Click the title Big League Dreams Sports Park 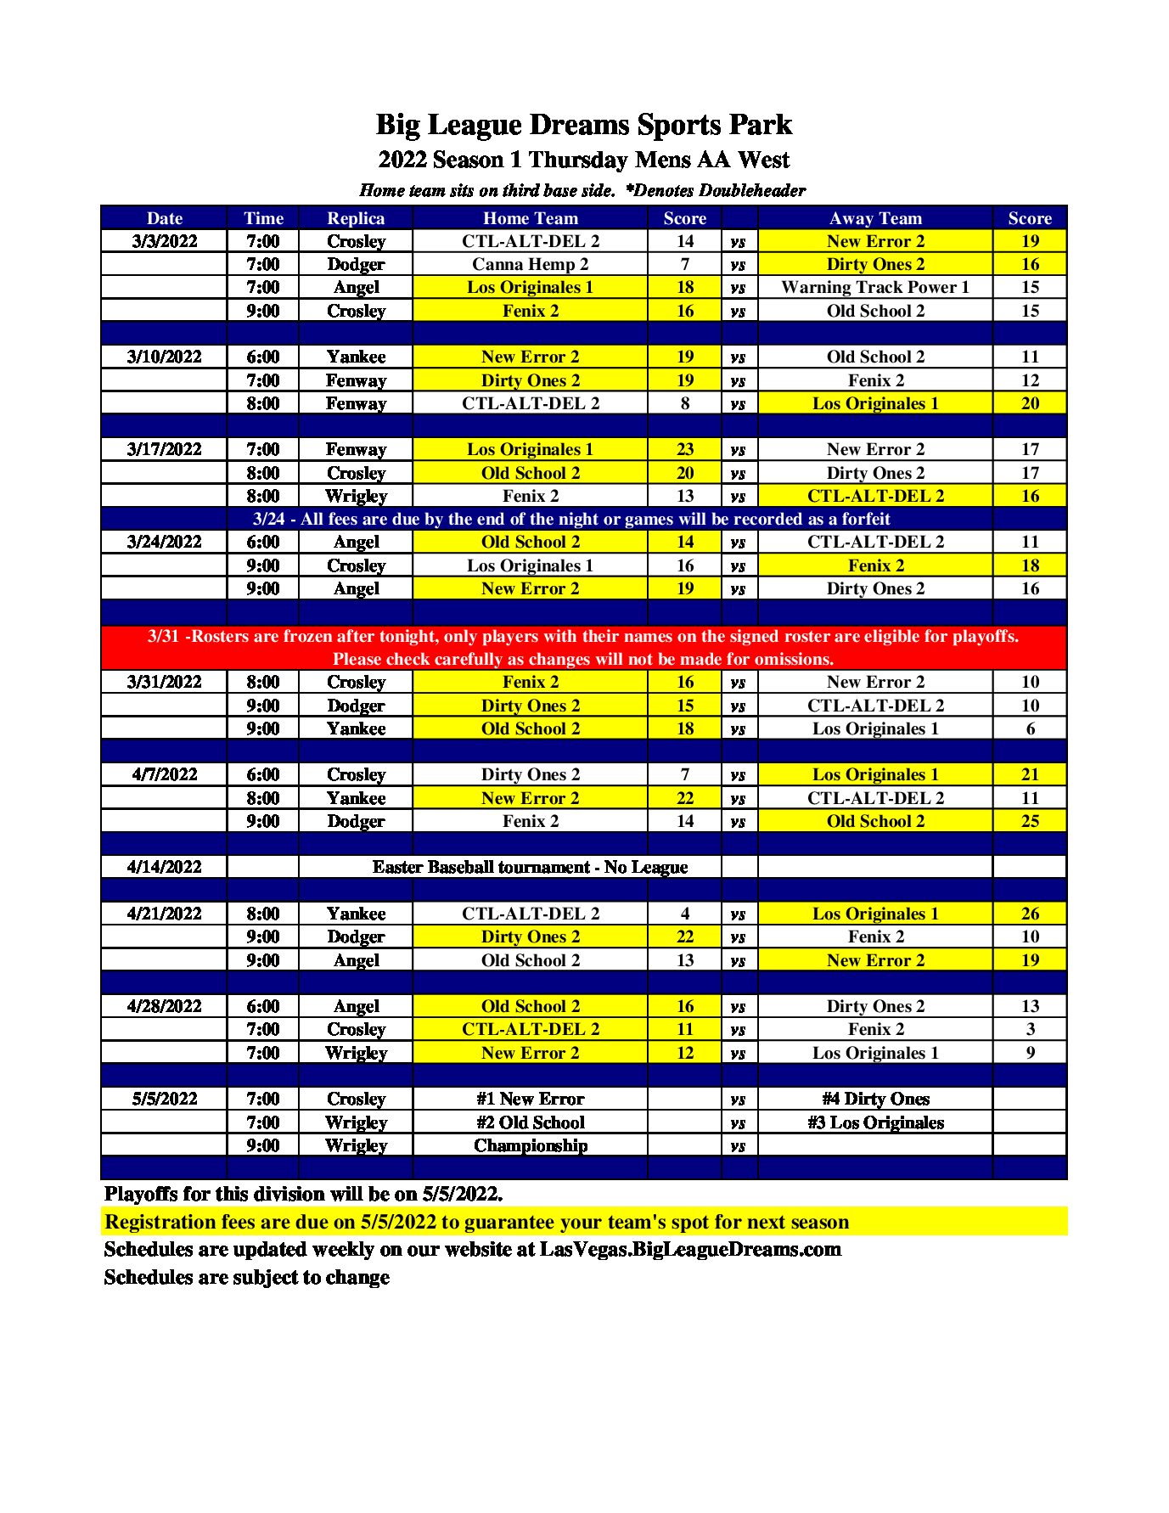coord(583,125)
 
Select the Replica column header coord(356,218)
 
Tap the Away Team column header coord(875,218)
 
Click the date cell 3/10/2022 coord(164,357)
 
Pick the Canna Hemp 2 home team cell coord(530,264)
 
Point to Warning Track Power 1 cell coord(875,287)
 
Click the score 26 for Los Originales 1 coord(1030,914)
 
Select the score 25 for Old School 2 coord(1030,821)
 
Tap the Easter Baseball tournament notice coord(530,867)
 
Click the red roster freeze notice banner coord(583,647)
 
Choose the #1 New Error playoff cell coord(530,1099)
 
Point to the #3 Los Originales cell coord(875,1122)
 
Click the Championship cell coord(530,1145)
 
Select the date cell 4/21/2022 coord(164,914)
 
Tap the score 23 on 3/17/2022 coord(685,449)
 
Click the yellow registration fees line coord(476,1222)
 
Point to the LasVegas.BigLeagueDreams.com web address coord(690,1249)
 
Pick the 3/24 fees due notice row coord(571,519)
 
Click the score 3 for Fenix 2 coord(1030,1029)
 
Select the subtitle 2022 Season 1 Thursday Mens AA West coord(583,160)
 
